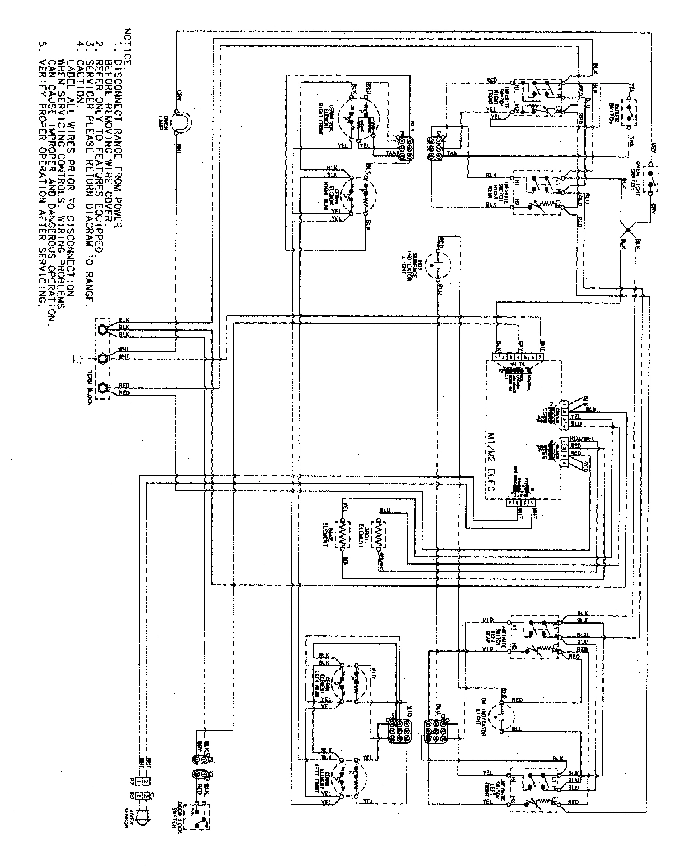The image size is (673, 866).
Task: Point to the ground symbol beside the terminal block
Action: point(75,358)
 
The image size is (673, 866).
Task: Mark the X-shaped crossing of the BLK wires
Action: point(629,229)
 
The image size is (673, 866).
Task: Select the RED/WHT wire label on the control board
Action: point(583,439)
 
